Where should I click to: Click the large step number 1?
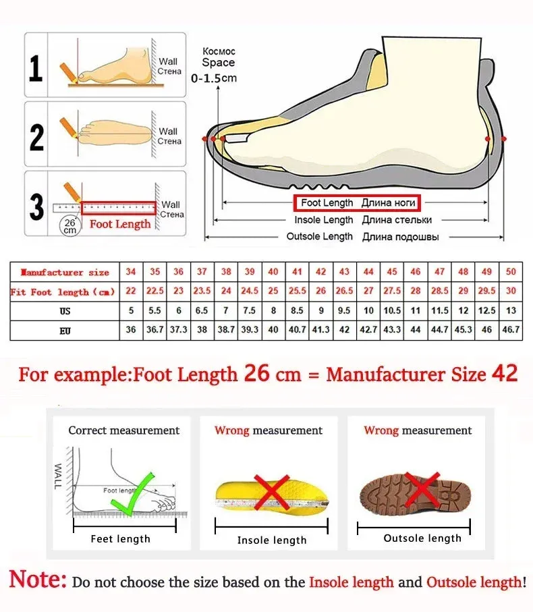coord(36,69)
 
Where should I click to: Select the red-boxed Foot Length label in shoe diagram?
coord(358,202)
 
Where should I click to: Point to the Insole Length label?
coord(323,220)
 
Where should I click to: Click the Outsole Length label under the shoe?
coord(319,237)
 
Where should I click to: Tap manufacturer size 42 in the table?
coord(321,271)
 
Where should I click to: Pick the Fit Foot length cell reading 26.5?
coord(345,291)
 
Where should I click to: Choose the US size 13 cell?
coord(511,310)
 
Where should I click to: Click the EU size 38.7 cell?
coord(226,330)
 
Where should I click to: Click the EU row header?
coord(65,331)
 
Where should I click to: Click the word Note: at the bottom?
coord(38,580)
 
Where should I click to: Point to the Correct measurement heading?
coord(124,430)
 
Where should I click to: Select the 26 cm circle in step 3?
coord(69,225)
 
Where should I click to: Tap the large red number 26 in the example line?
coord(257,373)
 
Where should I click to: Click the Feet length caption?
coord(121,538)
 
